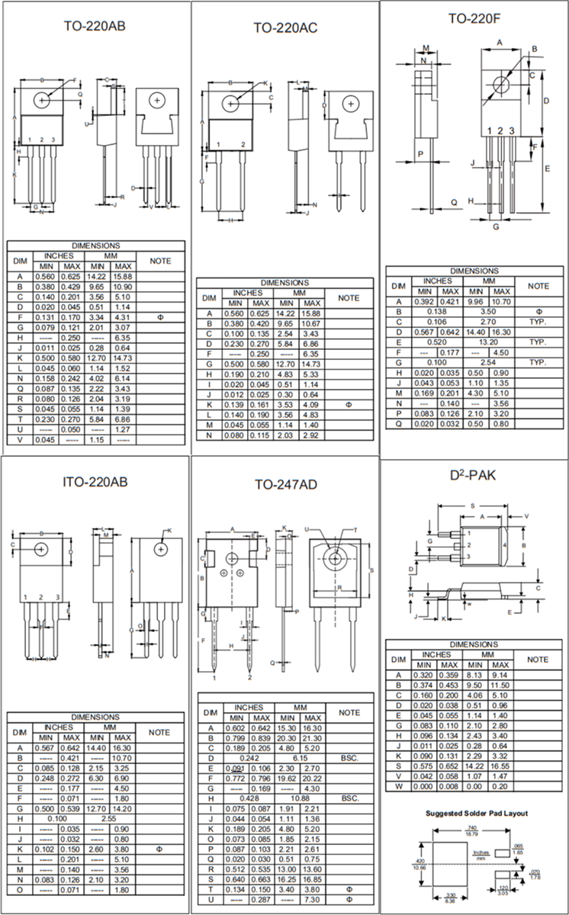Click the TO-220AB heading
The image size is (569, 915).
95,26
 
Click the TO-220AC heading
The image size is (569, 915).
285,28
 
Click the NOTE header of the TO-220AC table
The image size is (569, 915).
349,297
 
